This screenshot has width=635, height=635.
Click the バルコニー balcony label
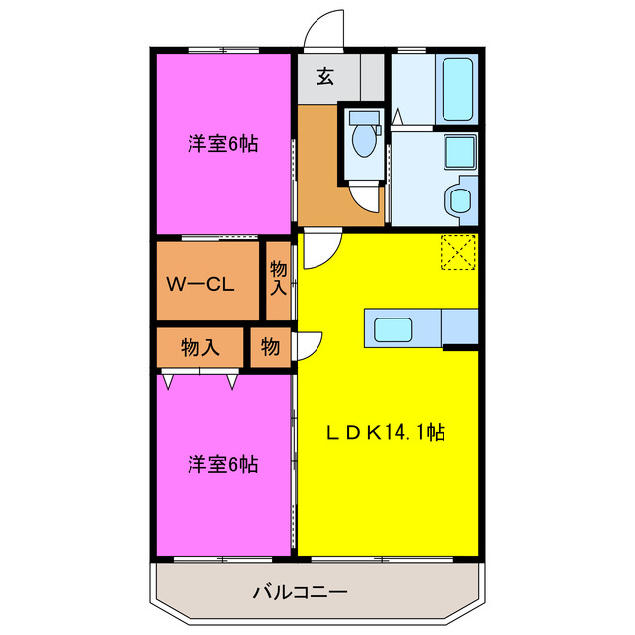tap(299, 593)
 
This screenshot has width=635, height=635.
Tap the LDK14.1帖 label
tap(386, 432)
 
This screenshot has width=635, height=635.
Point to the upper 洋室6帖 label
tap(223, 144)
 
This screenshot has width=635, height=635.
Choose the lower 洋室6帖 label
tap(223, 464)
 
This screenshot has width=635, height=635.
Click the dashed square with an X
tap(458, 251)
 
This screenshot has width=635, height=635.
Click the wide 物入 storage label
tap(199, 347)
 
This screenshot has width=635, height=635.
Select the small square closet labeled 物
tap(270, 347)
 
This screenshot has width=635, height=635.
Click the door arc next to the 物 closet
tap(309, 343)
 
